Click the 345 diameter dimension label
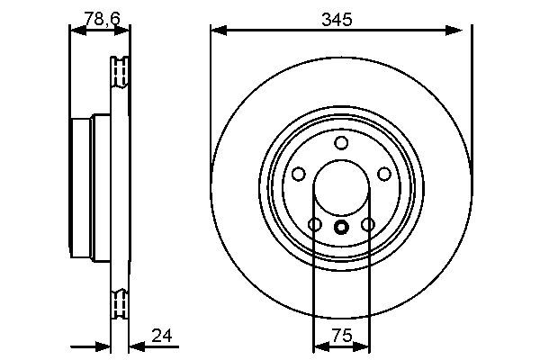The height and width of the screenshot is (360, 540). (340, 16)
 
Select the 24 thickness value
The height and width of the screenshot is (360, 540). (162, 336)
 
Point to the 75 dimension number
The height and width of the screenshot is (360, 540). (340, 336)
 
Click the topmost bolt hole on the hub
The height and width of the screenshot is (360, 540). (340, 143)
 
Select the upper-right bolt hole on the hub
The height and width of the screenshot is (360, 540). (383, 174)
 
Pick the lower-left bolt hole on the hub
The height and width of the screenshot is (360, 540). (314, 224)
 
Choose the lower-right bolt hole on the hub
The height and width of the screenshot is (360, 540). (367, 224)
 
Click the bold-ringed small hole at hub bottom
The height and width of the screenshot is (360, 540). (340, 228)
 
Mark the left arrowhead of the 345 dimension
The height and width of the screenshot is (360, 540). (216, 31)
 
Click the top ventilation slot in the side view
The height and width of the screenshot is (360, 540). (119, 71)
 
